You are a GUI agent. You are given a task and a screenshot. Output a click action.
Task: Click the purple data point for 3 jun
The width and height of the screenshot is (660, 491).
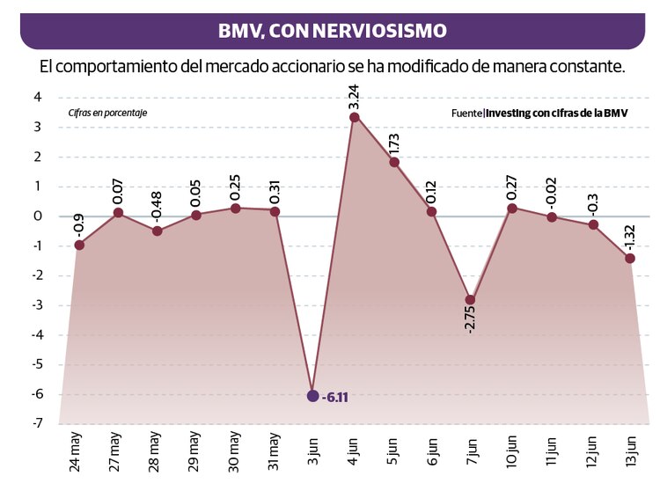tap(312, 396)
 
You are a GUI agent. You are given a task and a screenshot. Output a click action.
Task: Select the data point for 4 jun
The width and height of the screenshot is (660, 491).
tap(354, 117)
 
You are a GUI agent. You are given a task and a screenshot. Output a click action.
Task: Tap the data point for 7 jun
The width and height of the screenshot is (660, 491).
tap(471, 300)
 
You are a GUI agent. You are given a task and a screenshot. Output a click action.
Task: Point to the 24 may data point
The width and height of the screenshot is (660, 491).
tap(79, 245)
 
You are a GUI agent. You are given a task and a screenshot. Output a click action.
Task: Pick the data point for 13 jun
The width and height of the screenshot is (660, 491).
tap(630, 258)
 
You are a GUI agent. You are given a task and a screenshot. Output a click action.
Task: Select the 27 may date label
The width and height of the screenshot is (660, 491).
tap(116, 451)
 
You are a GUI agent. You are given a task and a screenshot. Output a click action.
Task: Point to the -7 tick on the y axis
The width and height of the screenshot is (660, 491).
tap(38, 424)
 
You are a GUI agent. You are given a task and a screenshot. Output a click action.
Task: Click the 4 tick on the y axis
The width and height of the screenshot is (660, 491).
tap(38, 98)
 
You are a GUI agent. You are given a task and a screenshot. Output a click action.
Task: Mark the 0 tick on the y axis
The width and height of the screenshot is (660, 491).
tap(38, 216)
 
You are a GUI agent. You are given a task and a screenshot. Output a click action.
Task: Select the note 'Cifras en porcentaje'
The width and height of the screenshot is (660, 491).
tap(107, 113)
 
